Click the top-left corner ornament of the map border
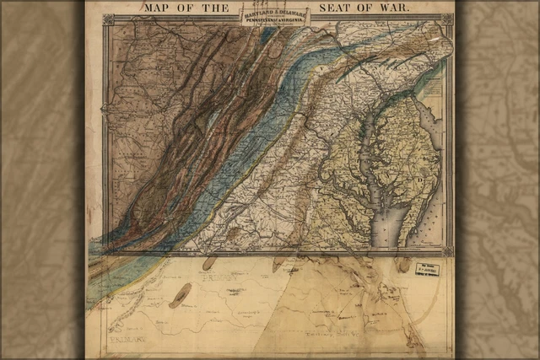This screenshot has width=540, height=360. (x=107, y=19)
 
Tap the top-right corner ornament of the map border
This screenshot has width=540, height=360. (x=447, y=19)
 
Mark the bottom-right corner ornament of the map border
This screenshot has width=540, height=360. (x=447, y=250)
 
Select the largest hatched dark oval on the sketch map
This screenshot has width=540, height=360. (x=180, y=295)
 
